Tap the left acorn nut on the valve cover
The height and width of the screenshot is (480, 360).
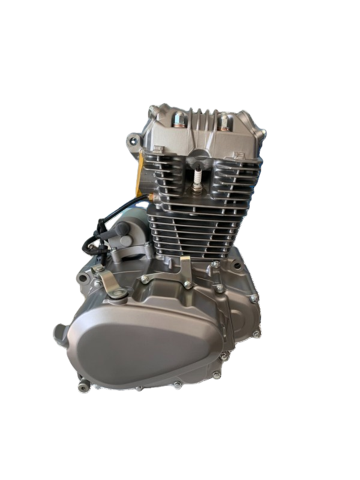coord(178,122)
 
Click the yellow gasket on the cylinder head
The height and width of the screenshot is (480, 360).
coord(142,174)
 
